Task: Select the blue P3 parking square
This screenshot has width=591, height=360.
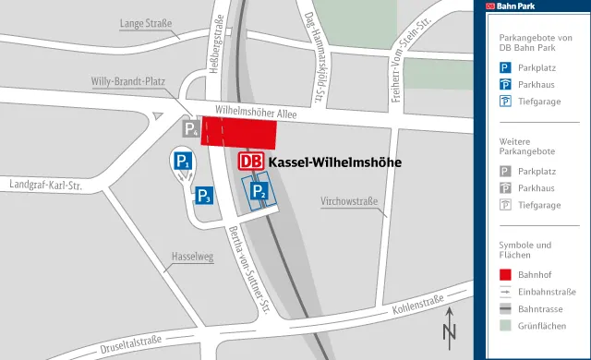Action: pyautogui.click(x=204, y=195)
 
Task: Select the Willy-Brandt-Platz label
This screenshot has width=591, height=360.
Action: pyautogui.click(x=127, y=81)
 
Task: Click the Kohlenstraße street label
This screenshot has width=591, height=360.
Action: pyautogui.click(x=418, y=306)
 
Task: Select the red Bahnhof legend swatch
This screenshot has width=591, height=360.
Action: pyautogui.click(x=505, y=274)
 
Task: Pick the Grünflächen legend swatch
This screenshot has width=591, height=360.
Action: pyautogui.click(x=505, y=326)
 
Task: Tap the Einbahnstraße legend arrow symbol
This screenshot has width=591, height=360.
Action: pyautogui.click(x=505, y=292)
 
